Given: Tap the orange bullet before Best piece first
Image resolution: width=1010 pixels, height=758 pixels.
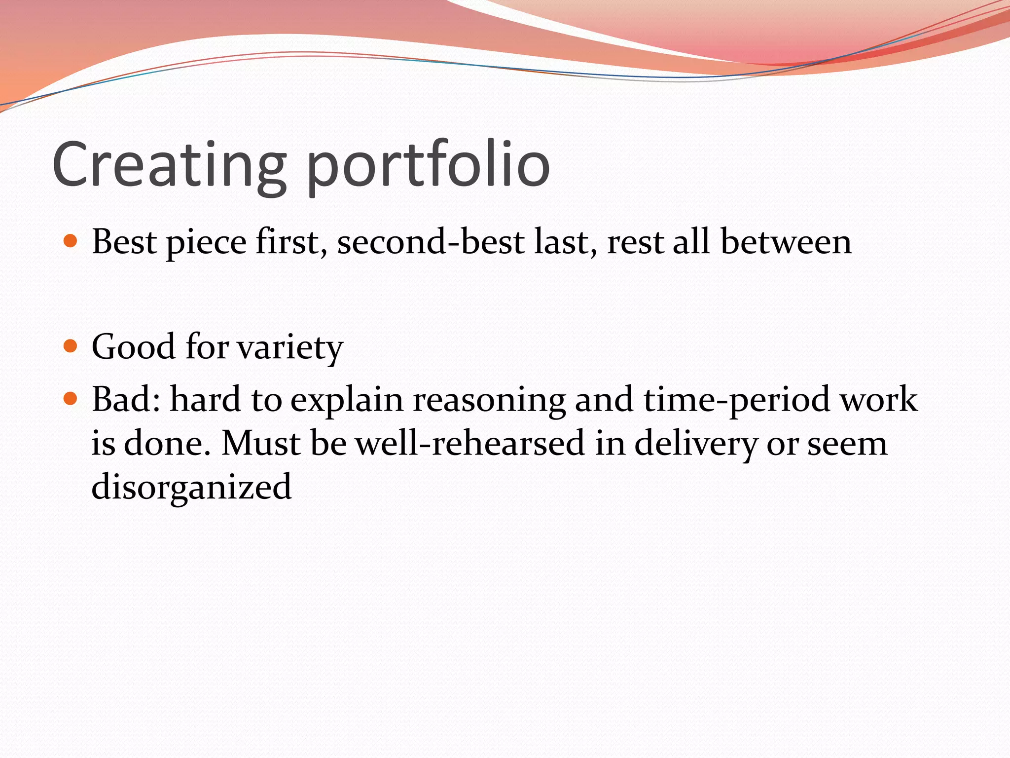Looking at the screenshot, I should coord(71,241).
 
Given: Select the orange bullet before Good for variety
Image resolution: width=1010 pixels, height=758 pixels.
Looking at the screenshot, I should coord(71,346).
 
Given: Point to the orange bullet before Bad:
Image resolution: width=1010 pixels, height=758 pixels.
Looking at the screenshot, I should coord(71,398).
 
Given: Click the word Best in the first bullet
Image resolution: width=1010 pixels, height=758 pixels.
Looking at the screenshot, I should coord(124,242).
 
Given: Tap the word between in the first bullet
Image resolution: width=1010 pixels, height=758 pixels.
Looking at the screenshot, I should coord(786,242).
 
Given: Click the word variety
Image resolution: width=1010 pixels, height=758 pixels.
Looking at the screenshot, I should coord(290,347).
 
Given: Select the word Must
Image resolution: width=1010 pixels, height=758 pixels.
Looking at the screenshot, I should coord(260,443).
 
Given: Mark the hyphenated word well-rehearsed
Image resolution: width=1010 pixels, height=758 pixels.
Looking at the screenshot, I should coord(470,443).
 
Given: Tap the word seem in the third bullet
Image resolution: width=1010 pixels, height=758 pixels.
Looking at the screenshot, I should coord(847,444).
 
